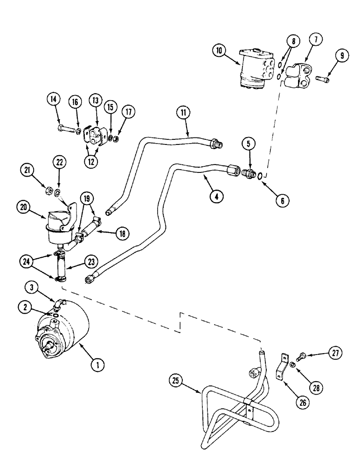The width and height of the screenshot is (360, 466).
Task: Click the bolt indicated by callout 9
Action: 321,79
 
